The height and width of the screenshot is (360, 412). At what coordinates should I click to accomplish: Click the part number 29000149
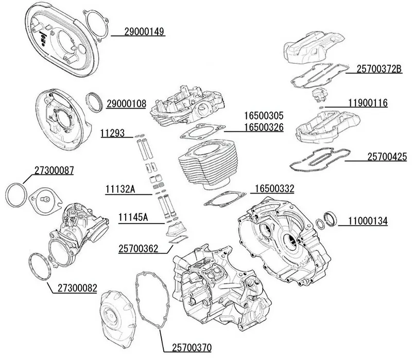coord(144,32)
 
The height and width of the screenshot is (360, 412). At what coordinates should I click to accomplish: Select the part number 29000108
coord(127,102)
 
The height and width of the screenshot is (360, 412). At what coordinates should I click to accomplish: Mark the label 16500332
coord(274,189)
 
